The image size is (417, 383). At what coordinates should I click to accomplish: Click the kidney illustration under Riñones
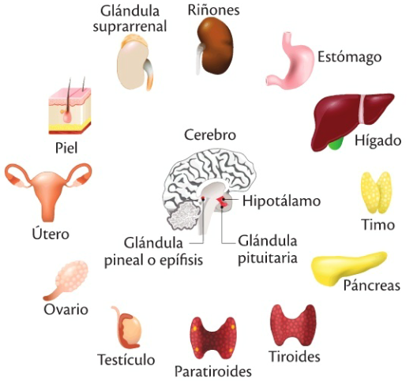click(216, 47)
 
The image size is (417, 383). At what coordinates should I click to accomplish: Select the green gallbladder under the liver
click(335, 145)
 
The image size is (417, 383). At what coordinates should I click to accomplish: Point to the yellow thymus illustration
click(376, 192)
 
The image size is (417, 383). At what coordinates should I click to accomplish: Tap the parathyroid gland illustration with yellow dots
click(213, 338)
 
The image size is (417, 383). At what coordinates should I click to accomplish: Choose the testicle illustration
click(129, 329)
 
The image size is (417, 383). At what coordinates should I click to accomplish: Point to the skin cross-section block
click(69, 111)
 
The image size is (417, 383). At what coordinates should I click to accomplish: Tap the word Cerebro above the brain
click(210, 135)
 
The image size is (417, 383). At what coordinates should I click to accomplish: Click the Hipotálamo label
click(281, 201)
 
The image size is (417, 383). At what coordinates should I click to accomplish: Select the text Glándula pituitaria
click(268, 250)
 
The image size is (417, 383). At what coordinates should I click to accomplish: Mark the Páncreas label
click(372, 285)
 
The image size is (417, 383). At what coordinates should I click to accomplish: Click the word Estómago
click(350, 57)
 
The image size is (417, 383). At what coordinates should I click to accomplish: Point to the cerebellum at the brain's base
click(183, 216)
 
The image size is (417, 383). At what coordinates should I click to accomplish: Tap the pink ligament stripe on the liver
click(361, 109)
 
